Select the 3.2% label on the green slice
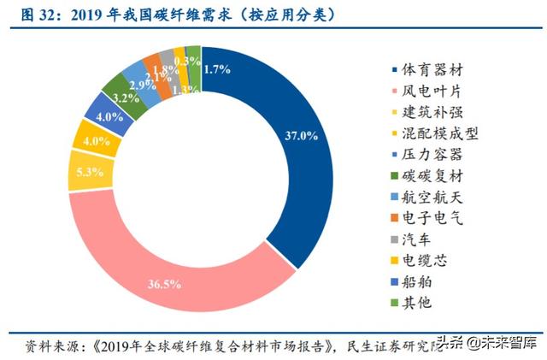[x=126, y=97]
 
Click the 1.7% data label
[x=218, y=69]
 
